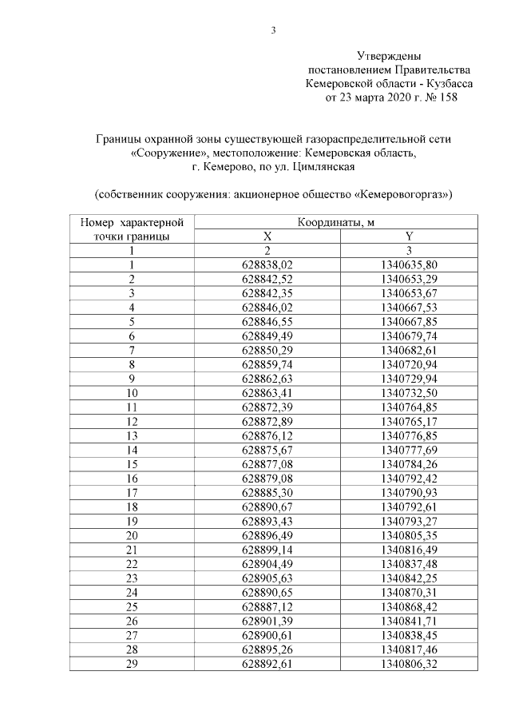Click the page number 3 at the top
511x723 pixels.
coord(272,31)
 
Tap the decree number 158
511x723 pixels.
coord(450,97)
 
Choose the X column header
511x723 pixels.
coord(267,236)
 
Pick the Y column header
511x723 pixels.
coord(409,236)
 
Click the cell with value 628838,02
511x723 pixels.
coord(267,264)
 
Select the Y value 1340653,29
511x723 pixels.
coord(409,279)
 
